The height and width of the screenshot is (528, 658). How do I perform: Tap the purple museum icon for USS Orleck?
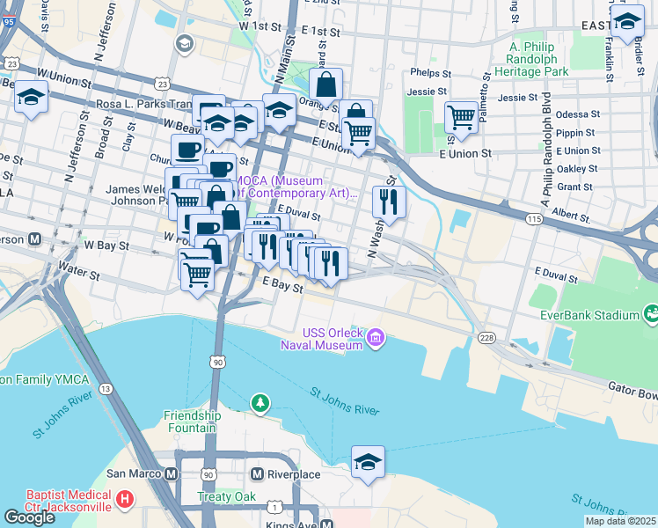tap(376, 338)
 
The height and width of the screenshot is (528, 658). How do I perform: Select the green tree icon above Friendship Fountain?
tap(260, 403)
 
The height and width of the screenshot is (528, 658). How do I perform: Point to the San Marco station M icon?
tap(172, 473)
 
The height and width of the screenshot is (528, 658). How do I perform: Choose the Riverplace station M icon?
tap(257, 473)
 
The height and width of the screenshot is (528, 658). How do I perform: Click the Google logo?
tap(30, 517)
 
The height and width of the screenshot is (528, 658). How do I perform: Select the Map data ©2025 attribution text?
tap(620, 521)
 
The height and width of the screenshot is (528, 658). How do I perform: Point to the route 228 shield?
tap(486, 338)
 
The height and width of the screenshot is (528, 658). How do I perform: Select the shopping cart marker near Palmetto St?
tap(461, 116)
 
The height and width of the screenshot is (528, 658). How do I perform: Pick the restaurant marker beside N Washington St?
tap(388, 202)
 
